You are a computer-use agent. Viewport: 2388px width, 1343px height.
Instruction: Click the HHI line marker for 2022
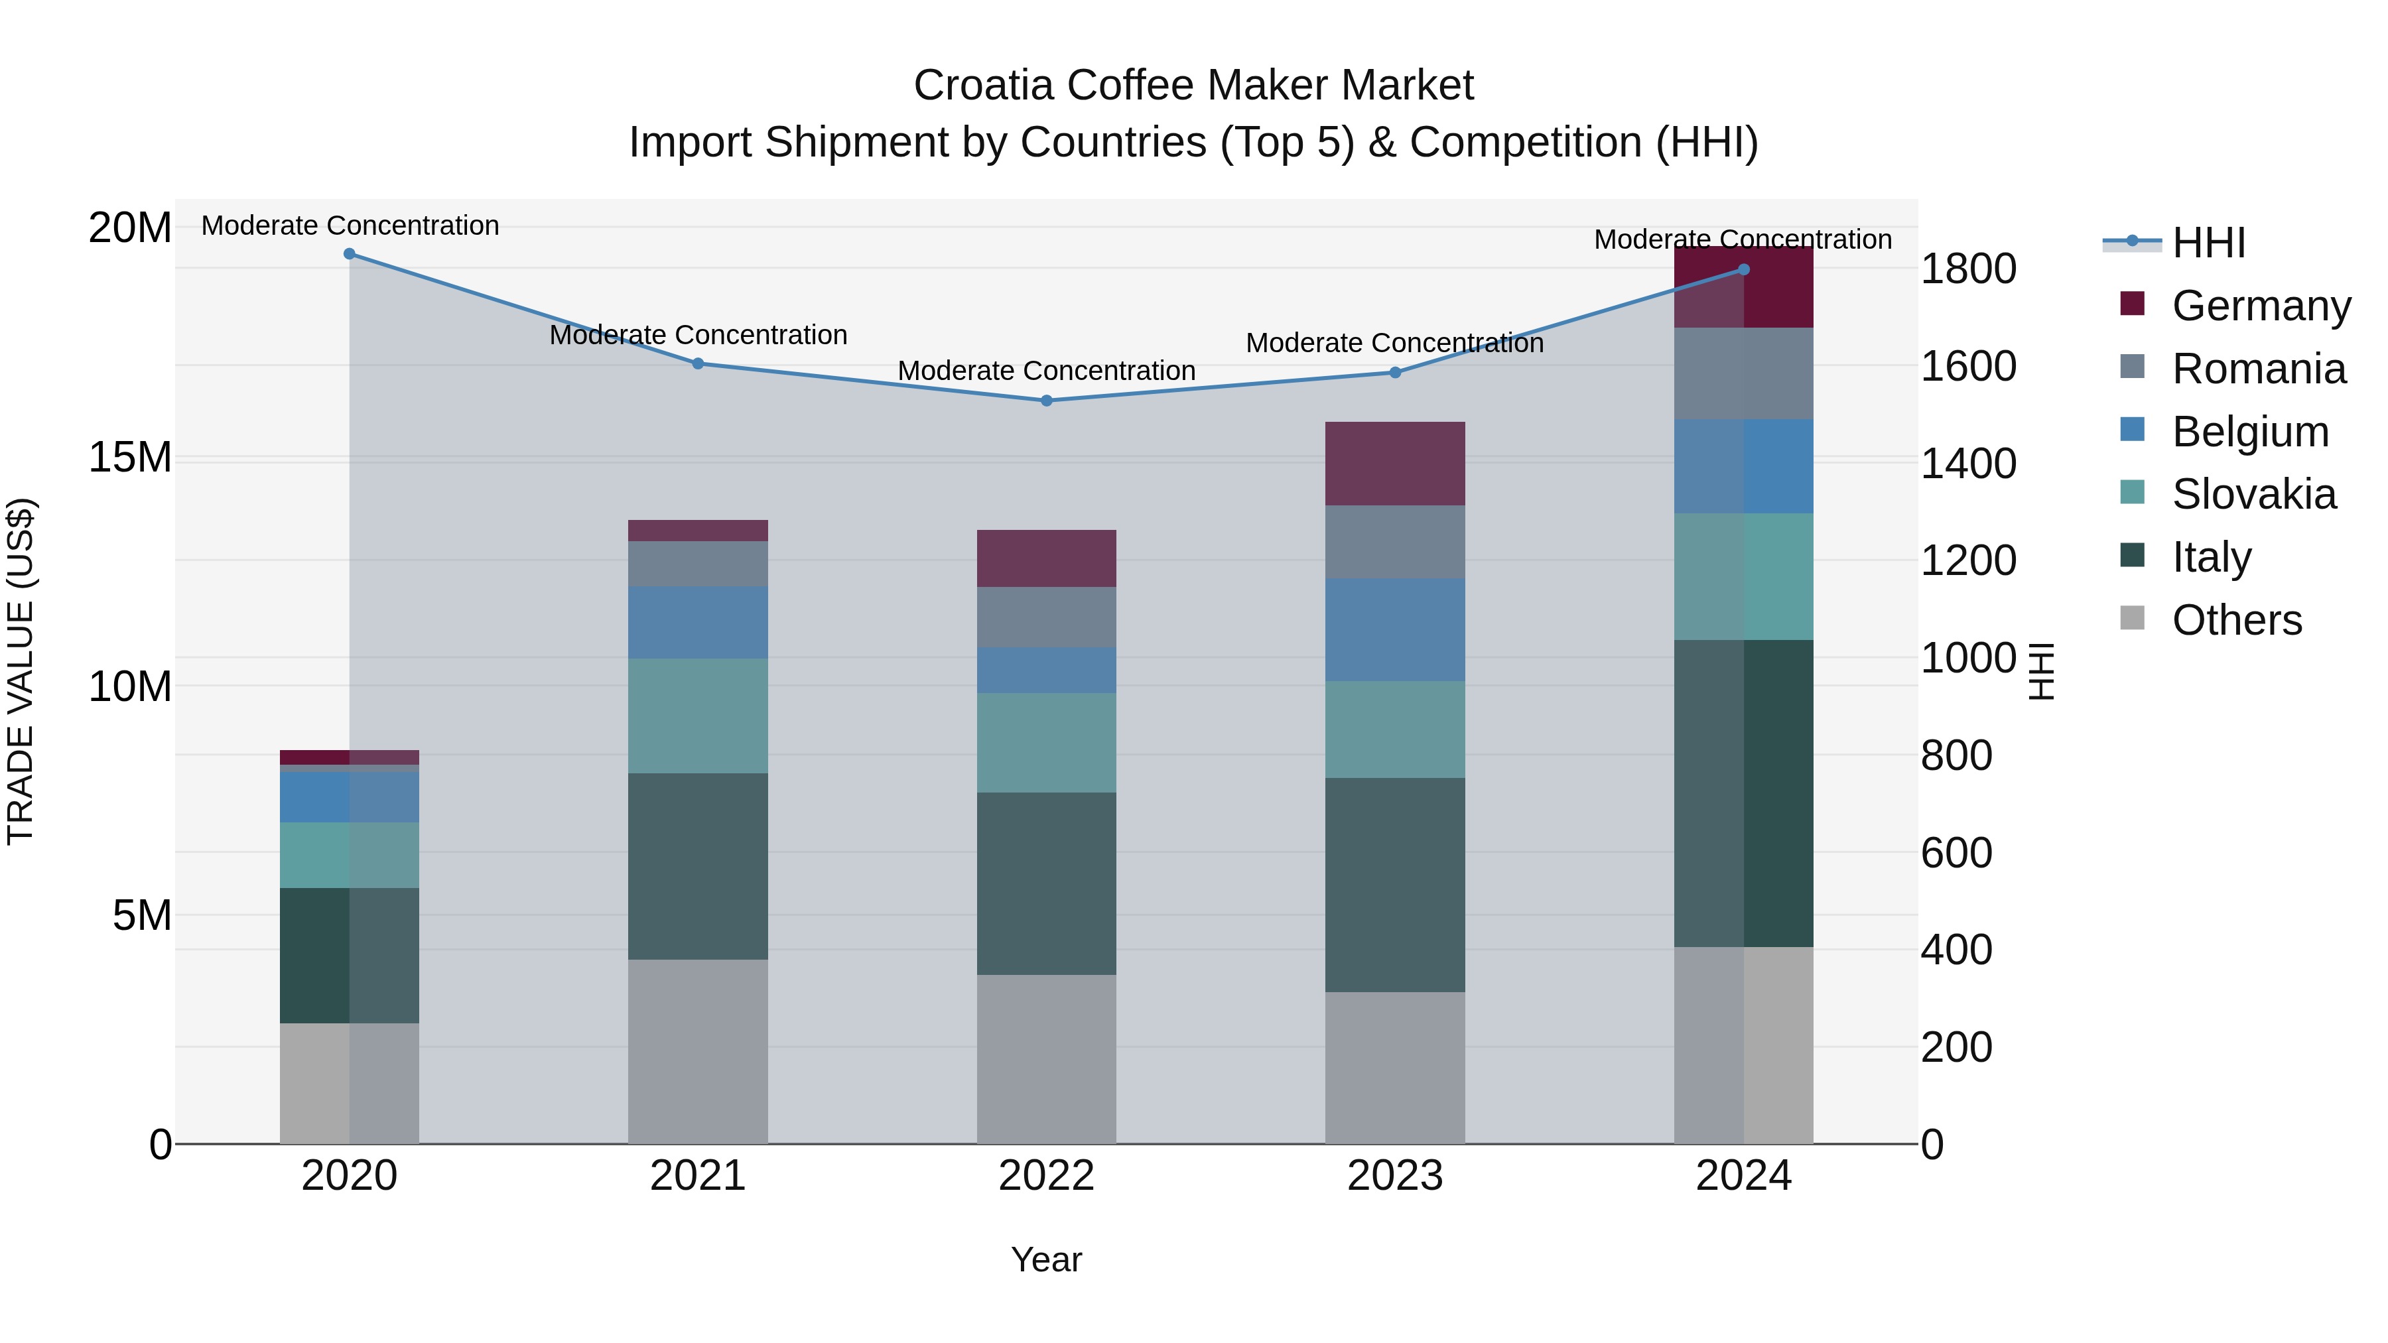click(1047, 401)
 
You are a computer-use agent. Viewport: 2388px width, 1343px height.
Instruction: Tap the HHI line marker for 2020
click(350, 254)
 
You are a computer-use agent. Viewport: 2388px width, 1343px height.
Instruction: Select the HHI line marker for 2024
click(1744, 270)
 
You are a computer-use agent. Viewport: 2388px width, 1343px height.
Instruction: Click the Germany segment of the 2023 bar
click(1395, 464)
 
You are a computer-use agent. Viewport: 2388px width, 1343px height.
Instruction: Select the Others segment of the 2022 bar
click(1047, 1058)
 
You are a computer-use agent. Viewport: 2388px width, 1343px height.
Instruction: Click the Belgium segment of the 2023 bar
click(1395, 629)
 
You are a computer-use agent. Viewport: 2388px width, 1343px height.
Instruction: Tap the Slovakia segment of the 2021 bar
click(698, 716)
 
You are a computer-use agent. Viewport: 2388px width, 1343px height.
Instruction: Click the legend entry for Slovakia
click(2253, 494)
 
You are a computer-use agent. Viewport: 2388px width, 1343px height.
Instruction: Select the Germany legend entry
click(2260, 306)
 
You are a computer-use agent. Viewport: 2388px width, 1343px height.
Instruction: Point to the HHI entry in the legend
click(2208, 243)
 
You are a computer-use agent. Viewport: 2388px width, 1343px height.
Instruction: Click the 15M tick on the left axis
click(130, 457)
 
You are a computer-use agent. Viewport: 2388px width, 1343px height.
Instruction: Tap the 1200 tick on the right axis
click(1967, 560)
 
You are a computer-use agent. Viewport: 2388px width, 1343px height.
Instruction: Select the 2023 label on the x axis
click(1395, 1176)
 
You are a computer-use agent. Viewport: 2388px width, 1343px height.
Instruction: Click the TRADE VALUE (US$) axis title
click(21, 671)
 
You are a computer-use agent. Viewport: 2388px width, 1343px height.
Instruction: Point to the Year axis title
click(1047, 1259)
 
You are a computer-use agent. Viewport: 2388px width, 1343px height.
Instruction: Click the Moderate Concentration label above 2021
click(698, 335)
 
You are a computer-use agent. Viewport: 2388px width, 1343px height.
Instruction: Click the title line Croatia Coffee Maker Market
click(1193, 86)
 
